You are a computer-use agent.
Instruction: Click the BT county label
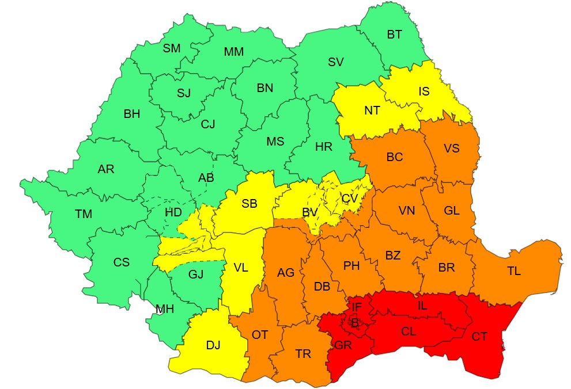click(x=394, y=35)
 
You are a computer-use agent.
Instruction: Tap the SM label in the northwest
click(x=171, y=48)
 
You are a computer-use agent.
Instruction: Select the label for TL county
click(x=513, y=271)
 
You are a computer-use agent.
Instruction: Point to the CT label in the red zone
click(x=479, y=337)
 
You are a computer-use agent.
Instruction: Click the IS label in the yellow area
click(x=423, y=91)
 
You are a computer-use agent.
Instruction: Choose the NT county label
click(x=372, y=110)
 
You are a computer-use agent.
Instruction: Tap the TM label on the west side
click(x=84, y=214)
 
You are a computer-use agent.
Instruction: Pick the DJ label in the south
click(x=213, y=345)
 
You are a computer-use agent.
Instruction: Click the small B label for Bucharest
click(x=355, y=324)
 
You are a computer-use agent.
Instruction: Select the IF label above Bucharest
click(x=357, y=308)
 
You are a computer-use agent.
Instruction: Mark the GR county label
click(x=342, y=345)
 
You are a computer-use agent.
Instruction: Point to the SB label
click(x=249, y=203)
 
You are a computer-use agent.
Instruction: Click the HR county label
click(x=324, y=147)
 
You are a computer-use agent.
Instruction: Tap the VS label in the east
click(x=452, y=148)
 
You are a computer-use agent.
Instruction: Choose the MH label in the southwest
click(x=165, y=310)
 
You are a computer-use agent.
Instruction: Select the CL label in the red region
click(x=409, y=331)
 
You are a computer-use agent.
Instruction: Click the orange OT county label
click(x=260, y=334)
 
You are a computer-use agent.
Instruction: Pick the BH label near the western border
click(x=132, y=114)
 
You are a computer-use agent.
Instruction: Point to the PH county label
click(x=351, y=266)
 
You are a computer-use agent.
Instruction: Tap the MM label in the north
click(x=233, y=52)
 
